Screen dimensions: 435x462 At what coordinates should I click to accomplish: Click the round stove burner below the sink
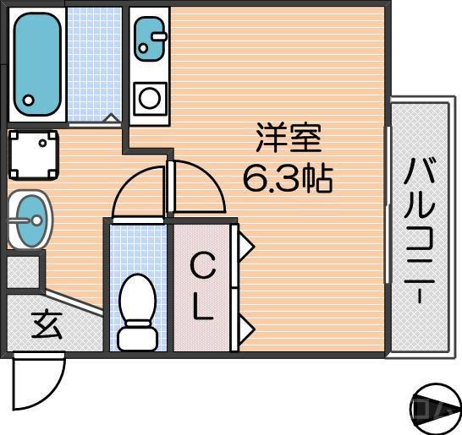[x=150, y=97]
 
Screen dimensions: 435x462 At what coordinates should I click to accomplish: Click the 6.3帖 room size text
[x=288, y=179]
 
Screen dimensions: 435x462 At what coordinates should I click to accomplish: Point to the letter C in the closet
[x=202, y=269]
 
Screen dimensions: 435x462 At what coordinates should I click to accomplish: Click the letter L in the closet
[x=202, y=309]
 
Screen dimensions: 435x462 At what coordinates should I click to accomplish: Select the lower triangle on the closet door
[x=246, y=326]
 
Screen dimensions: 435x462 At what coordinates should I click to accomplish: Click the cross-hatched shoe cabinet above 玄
[x=23, y=271]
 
